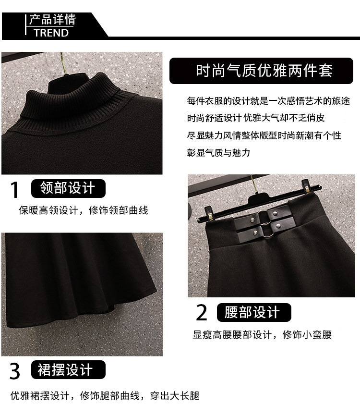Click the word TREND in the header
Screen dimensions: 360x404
[x=51, y=33]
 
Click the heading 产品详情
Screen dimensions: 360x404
[x=52, y=20]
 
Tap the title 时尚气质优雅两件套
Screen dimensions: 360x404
[x=264, y=71]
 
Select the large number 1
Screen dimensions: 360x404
[x=15, y=190]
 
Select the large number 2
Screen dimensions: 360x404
[x=202, y=312]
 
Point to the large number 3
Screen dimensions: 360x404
[x=15, y=371]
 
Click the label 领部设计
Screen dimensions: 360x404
[x=68, y=188]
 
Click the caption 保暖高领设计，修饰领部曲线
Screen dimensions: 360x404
[x=84, y=210]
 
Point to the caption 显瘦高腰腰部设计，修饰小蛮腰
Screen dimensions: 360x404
[x=262, y=335]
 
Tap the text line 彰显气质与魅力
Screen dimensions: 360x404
[x=218, y=153]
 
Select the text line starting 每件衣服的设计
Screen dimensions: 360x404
[x=269, y=101]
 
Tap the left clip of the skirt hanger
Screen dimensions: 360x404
[x=209, y=214]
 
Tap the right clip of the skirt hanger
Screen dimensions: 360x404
[x=306, y=186]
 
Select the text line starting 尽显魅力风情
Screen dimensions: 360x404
[x=264, y=135]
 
